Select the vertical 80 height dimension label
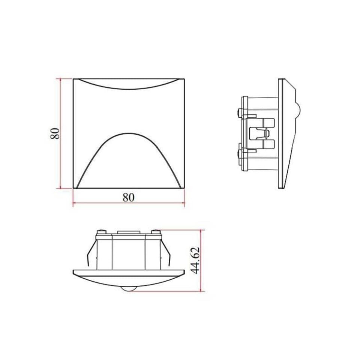(x=55, y=133)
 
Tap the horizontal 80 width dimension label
(x=128, y=198)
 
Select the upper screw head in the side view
(x=239, y=111)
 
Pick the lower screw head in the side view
(x=239, y=153)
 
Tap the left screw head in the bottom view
(x=100, y=231)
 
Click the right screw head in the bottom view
(x=154, y=231)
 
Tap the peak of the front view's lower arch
(x=128, y=133)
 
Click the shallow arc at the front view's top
(x=128, y=88)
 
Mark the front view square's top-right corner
(x=184, y=79)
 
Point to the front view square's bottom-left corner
(x=73, y=188)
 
